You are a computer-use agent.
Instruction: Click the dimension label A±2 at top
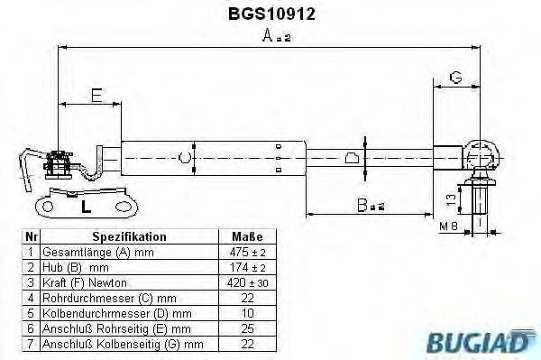(x=274, y=37)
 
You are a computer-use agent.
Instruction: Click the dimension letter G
(x=456, y=78)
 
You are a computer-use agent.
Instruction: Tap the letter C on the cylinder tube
(x=185, y=159)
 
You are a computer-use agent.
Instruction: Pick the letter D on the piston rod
(x=353, y=160)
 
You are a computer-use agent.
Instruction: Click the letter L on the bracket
(x=85, y=206)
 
